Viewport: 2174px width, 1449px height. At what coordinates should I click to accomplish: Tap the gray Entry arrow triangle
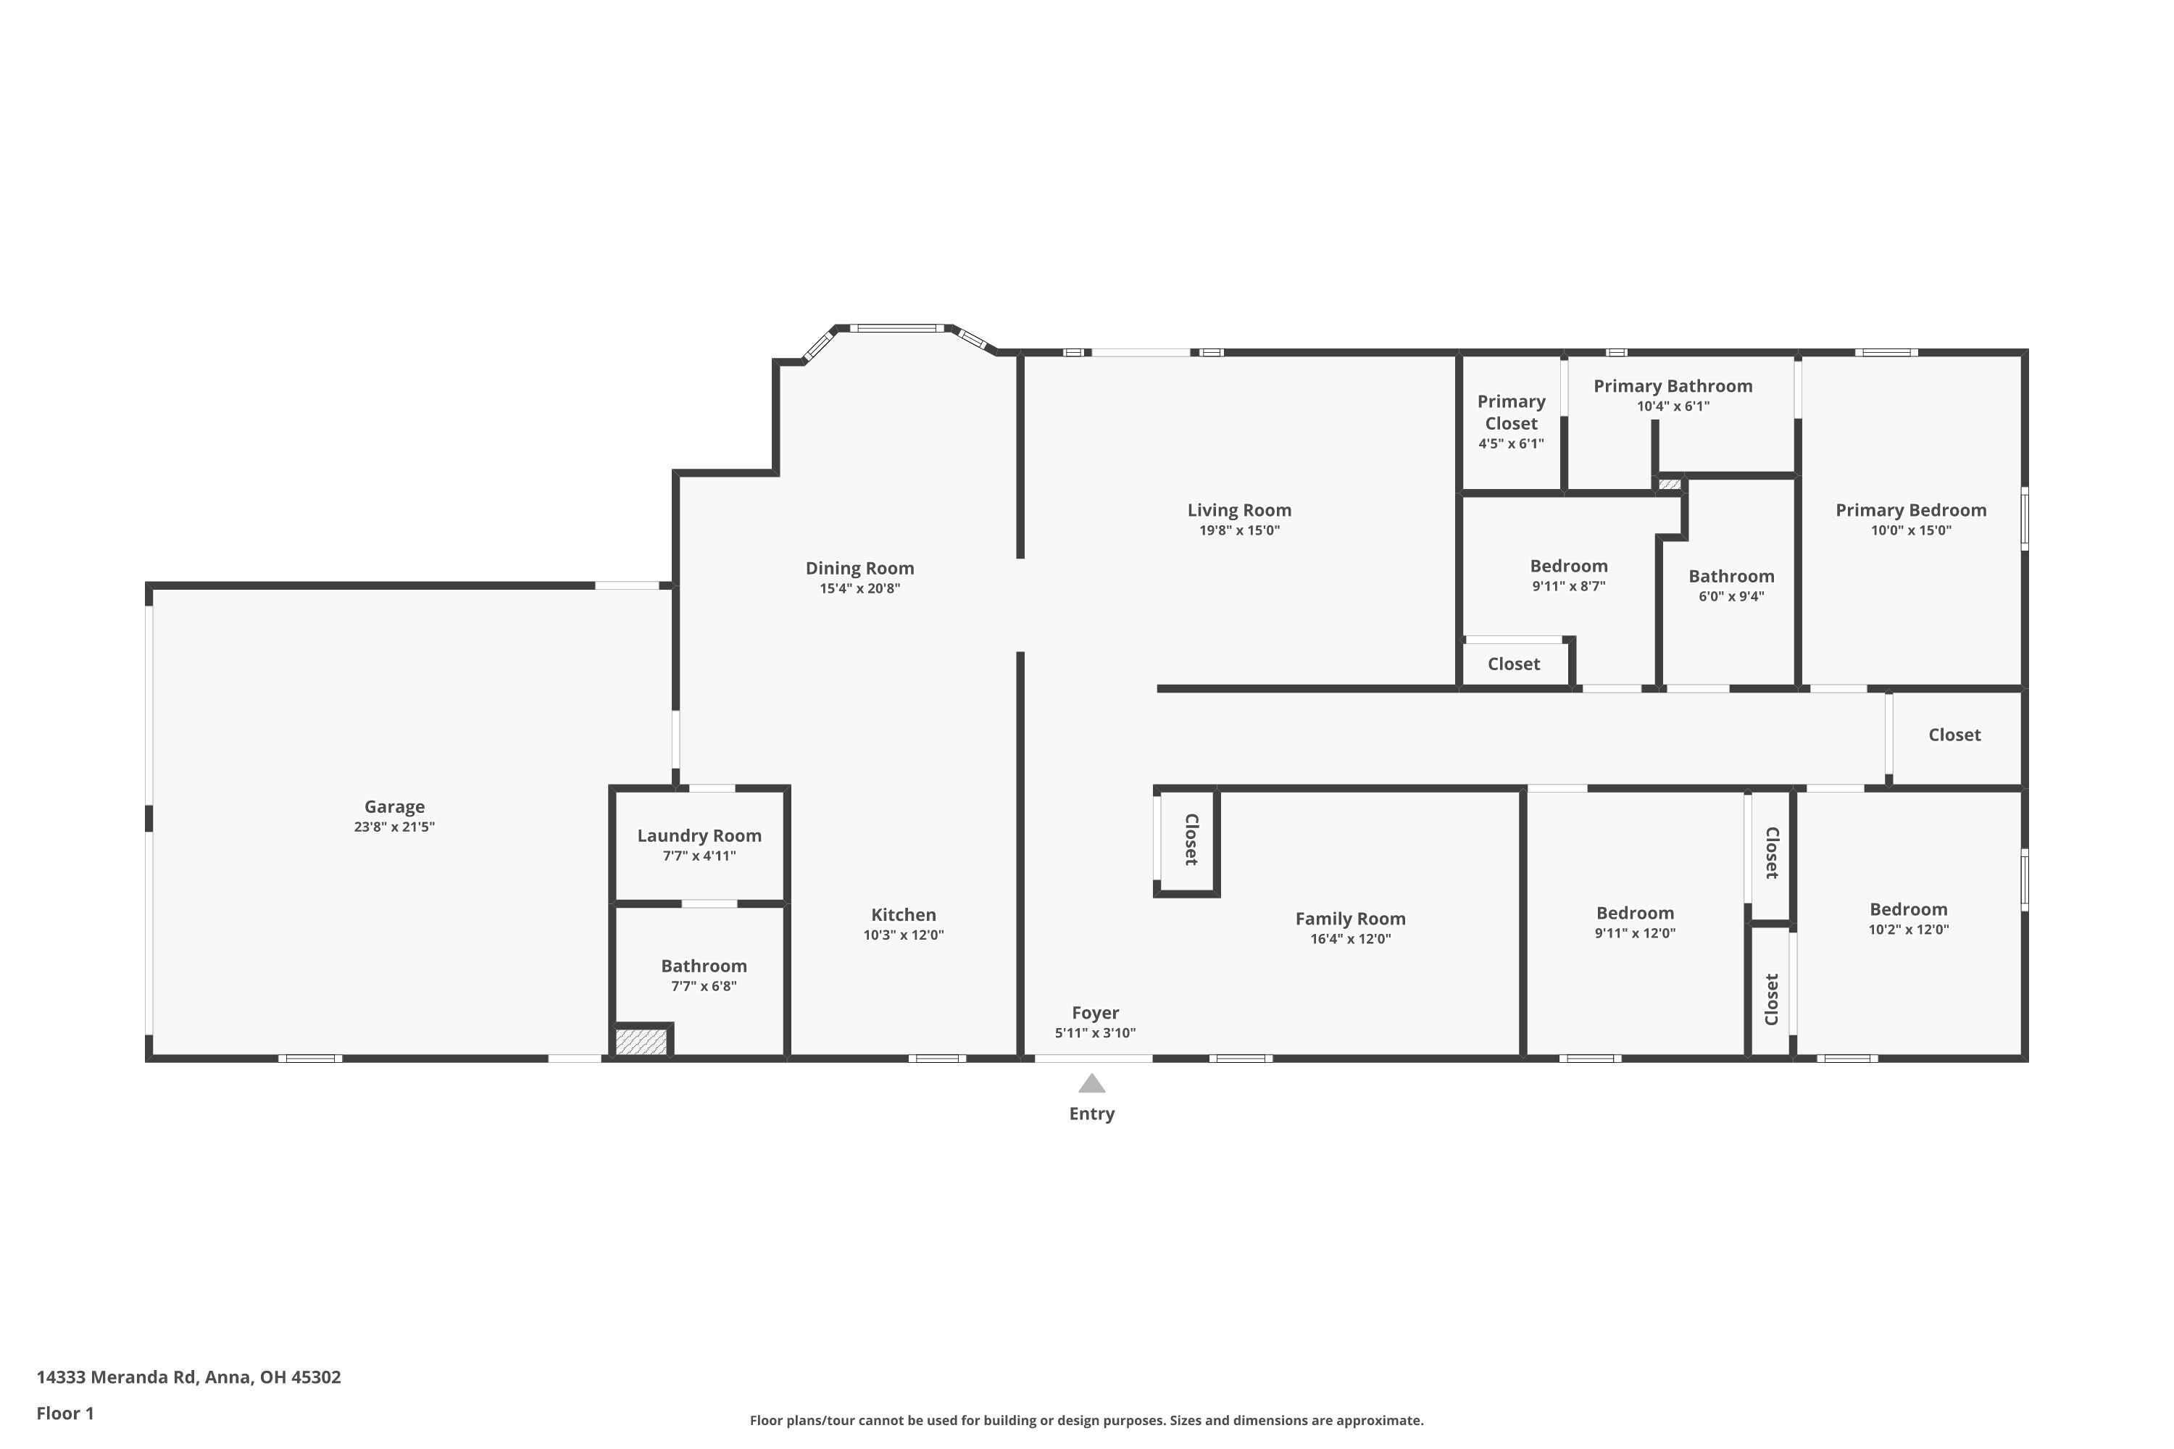[1091, 1084]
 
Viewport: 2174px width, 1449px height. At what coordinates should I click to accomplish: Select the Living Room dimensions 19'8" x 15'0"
[1238, 530]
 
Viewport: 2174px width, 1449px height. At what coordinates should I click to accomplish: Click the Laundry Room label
[699, 835]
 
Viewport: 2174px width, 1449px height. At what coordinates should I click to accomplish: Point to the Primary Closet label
[1510, 412]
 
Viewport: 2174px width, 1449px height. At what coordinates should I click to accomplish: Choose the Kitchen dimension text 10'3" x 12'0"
[903, 935]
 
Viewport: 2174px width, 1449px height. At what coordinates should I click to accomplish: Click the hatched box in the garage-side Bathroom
[641, 1042]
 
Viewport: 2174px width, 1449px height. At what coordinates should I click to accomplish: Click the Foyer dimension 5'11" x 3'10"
[1094, 1033]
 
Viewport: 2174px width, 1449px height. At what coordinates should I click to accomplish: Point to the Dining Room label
[859, 568]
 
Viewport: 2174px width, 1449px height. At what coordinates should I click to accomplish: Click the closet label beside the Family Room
[1191, 839]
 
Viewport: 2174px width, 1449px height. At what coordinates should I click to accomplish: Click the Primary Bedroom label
[1909, 510]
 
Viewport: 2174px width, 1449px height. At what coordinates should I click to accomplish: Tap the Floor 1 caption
[64, 1413]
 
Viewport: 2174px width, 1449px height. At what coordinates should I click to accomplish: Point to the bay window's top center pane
[896, 328]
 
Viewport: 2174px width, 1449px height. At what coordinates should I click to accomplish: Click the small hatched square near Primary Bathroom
[1670, 484]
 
